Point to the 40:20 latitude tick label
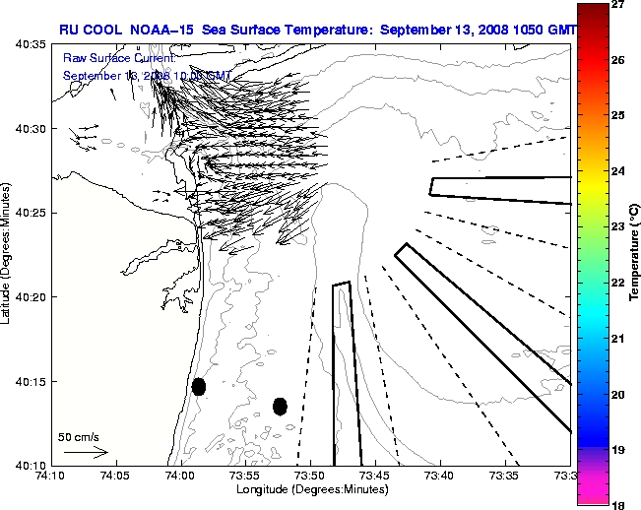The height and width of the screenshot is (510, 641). tap(30, 297)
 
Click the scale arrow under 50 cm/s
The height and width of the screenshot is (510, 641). tap(85, 452)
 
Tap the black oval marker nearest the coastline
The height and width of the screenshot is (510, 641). tap(199, 386)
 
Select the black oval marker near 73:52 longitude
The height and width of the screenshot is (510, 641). tap(280, 406)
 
